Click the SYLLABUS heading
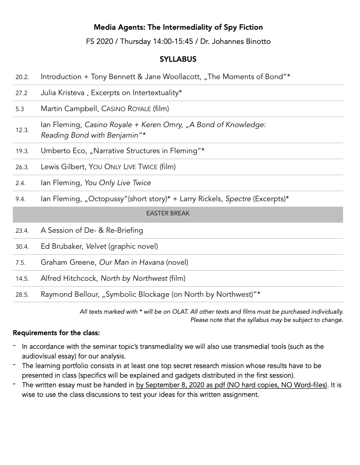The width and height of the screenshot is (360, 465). [178, 59]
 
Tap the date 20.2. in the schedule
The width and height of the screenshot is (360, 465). [21, 77]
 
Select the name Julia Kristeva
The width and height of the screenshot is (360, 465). [63, 93]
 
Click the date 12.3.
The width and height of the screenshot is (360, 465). [21, 130]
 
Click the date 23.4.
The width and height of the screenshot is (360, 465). [21, 231]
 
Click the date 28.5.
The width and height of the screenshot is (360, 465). [21, 295]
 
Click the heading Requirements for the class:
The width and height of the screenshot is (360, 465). [56, 332]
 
